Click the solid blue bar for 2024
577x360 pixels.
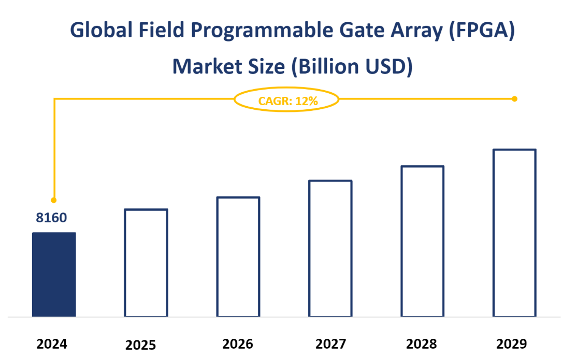coord(54,274)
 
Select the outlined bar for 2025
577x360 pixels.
coord(146,263)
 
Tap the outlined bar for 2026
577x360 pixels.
coord(238,256)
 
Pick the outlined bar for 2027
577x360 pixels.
coord(330,248)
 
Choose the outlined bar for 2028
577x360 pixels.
coord(423,241)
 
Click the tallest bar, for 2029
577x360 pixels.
coord(514,233)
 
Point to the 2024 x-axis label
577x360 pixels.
coord(52,344)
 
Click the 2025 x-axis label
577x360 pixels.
coord(140,345)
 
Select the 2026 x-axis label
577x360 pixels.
coord(238,344)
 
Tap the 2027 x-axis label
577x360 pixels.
coord(330,344)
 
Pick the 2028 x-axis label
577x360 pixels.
coord(422,344)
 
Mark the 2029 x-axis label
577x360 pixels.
coord(511,344)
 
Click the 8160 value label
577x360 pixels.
coord(51,218)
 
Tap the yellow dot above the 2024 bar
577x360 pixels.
coord(54,200)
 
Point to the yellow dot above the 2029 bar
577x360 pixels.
coord(514,98)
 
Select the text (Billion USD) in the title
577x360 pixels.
coord(350,67)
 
